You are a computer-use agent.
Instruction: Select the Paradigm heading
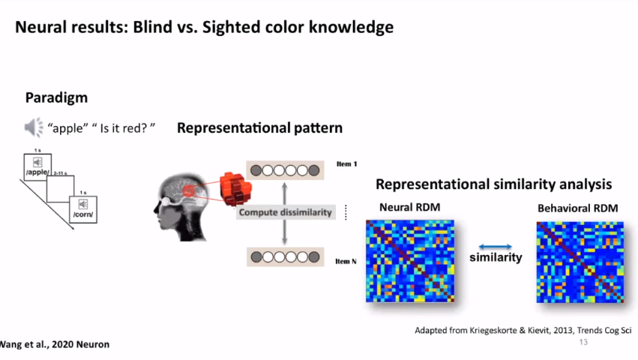point(56,97)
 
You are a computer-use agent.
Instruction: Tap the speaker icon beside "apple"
point(34,128)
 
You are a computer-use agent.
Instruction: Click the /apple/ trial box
point(37,166)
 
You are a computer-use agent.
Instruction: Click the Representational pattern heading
point(259,128)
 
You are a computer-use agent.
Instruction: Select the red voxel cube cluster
point(235,190)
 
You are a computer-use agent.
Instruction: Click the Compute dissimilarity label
point(285,212)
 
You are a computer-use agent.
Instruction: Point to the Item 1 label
point(346,163)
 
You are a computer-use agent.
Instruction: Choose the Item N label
point(346,261)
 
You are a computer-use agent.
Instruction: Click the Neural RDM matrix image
point(411,261)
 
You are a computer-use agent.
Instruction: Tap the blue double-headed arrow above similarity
point(496,245)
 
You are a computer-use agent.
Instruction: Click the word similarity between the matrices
point(496,258)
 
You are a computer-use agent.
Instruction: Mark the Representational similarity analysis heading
point(493,184)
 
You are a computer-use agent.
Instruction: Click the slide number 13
point(583,343)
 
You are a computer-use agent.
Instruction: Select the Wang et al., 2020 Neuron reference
point(54,344)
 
